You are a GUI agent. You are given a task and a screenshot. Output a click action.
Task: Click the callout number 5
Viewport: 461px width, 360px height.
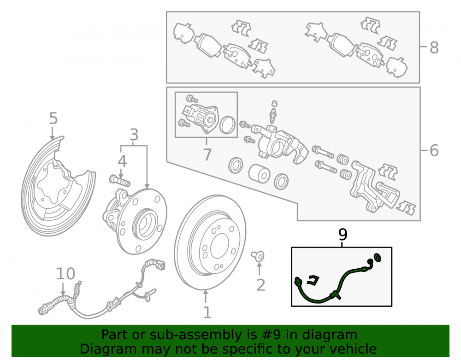(x=53, y=118)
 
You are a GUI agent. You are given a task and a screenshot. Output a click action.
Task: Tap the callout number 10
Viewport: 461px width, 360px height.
(x=65, y=274)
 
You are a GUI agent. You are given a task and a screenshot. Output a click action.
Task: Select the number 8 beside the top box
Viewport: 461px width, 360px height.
(x=434, y=47)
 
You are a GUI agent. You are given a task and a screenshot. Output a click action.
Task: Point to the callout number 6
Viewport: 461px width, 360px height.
(x=434, y=150)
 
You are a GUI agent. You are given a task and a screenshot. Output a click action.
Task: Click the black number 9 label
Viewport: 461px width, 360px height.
(x=343, y=234)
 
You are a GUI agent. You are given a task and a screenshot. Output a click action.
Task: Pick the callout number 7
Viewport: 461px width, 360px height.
(x=207, y=154)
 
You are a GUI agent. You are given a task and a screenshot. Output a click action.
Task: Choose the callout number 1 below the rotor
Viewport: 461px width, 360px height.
(x=207, y=313)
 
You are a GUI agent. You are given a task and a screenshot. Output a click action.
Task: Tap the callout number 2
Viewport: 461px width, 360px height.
(x=261, y=285)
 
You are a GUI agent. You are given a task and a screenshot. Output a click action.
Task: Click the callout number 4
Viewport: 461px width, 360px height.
(x=122, y=161)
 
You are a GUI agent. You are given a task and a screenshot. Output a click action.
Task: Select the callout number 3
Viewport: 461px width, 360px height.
(x=134, y=135)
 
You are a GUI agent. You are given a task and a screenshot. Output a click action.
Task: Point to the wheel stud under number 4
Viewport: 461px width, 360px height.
(x=120, y=180)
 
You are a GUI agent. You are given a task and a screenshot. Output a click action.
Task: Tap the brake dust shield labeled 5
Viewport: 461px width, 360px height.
(x=32, y=206)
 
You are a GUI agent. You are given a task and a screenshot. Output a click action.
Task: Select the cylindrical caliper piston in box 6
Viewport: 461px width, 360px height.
(x=259, y=173)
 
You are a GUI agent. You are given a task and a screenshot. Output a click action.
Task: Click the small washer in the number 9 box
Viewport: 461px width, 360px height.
(x=378, y=258)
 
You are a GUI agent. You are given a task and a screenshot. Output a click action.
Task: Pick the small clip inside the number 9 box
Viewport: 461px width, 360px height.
(x=313, y=280)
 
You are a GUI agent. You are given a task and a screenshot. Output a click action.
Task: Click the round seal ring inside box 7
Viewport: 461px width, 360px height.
(x=228, y=124)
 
